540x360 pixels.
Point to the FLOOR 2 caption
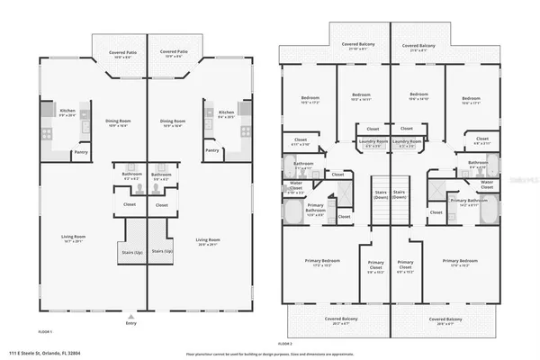click(285, 344)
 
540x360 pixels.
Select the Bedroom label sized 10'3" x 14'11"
click(361, 96)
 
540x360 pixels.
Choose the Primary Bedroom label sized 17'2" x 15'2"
click(319, 262)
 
